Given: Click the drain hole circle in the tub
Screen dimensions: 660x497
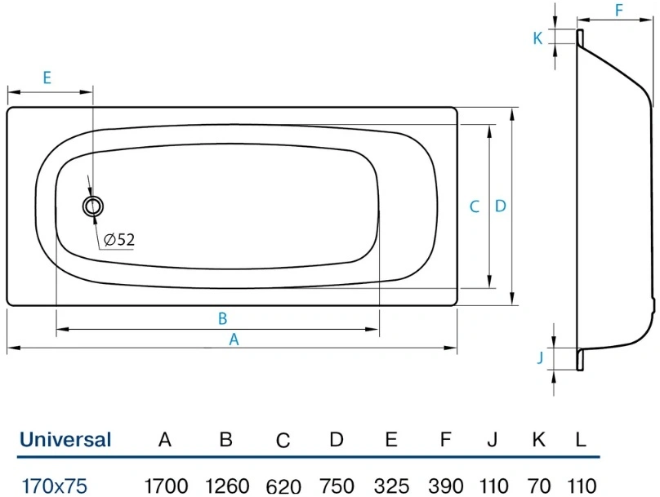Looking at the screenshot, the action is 93,197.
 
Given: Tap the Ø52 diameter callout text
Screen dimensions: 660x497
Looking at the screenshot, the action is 119,240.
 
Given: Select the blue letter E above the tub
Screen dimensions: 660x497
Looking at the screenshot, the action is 47,78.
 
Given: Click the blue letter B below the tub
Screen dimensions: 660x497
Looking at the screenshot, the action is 223,319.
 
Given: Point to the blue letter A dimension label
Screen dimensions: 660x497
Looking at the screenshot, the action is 234,339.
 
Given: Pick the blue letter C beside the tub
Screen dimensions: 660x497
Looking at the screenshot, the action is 475,206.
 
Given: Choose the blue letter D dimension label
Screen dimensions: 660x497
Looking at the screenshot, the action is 500,206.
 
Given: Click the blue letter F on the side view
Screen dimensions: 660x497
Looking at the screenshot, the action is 619,10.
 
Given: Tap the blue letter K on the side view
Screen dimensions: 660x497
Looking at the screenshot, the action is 537,38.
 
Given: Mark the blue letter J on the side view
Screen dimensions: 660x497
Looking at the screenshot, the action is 541,357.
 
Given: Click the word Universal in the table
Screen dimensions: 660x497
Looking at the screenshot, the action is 65,440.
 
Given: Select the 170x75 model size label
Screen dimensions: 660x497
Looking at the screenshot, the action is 54,486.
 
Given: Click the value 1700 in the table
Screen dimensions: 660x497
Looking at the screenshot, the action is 166,486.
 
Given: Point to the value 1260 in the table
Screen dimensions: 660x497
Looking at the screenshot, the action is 227,486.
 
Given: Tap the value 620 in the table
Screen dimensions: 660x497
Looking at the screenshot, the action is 283,486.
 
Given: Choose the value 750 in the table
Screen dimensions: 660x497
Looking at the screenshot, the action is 337,486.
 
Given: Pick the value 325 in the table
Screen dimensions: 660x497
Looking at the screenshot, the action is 391,486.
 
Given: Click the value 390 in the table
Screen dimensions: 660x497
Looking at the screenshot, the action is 446,486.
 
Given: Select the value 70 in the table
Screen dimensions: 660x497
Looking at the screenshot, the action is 539,486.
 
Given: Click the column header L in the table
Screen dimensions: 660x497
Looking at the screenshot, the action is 581,440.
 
